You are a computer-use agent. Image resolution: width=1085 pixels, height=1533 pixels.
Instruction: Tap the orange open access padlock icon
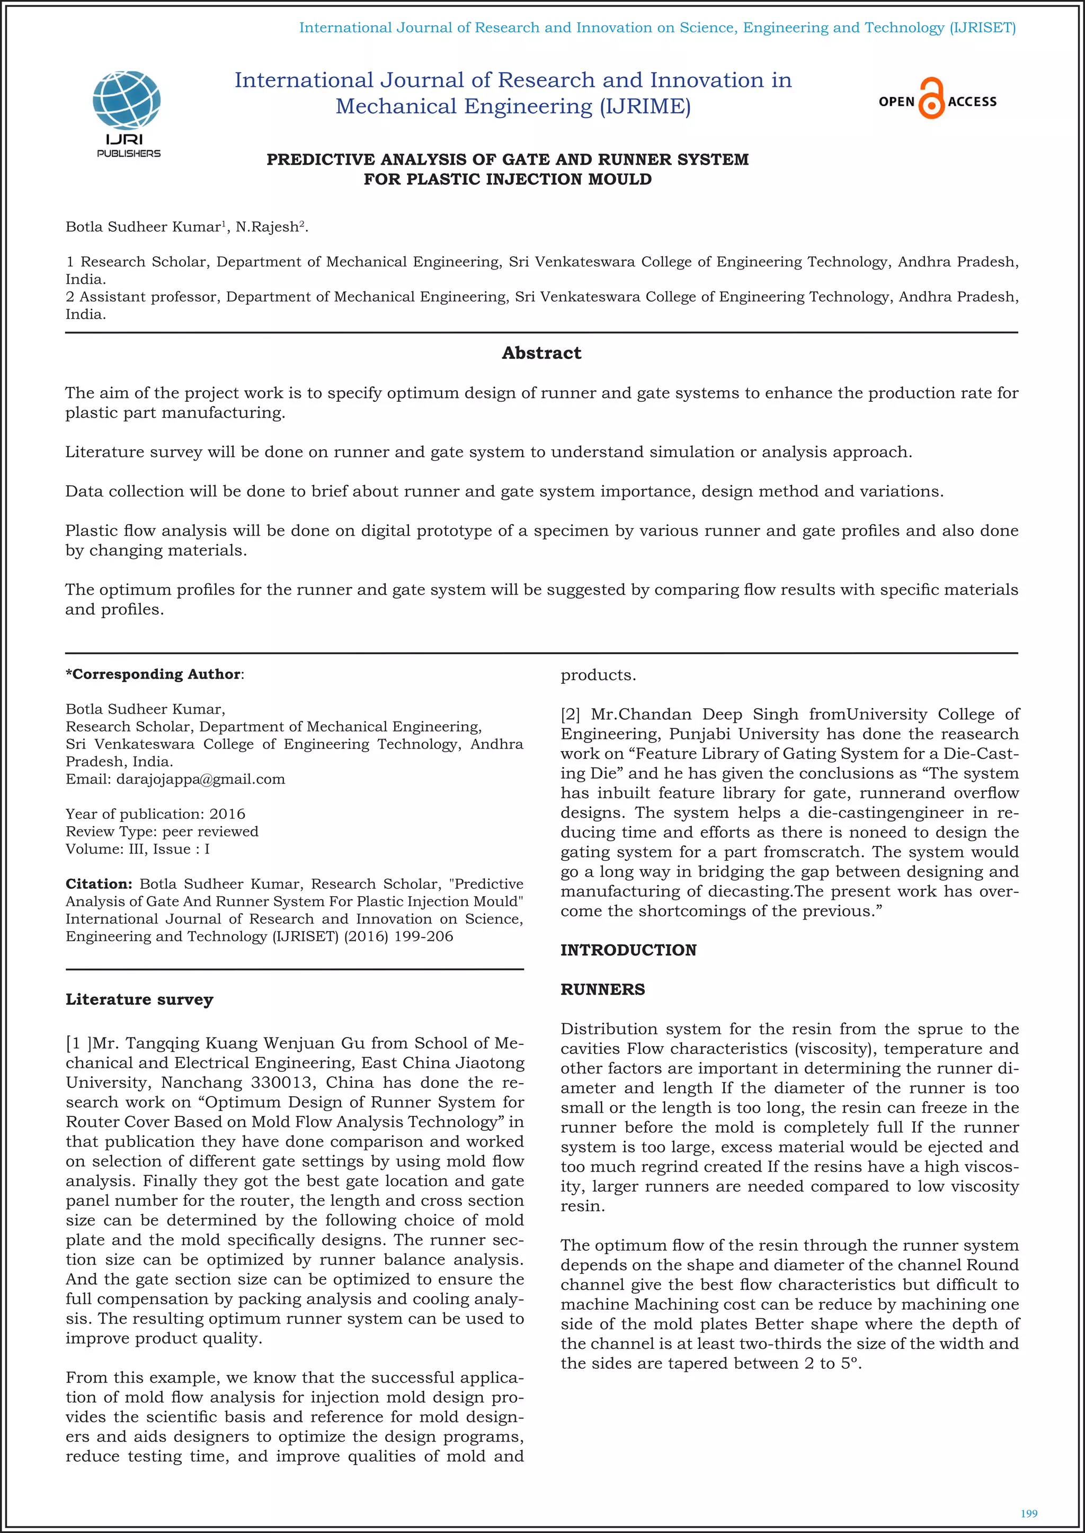[931, 99]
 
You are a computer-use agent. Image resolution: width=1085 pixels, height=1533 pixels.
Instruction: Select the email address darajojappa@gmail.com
[200, 779]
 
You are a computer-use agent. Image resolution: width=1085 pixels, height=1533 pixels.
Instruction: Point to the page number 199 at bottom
[1029, 1513]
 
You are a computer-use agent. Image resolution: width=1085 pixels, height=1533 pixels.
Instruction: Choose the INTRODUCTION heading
[628, 950]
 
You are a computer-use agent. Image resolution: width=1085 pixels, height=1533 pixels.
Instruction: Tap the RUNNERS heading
[602, 989]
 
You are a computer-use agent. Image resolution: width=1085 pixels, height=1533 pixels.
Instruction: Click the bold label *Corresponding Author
[154, 674]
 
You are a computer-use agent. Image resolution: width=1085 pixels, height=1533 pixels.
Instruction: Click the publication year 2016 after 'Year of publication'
[227, 814]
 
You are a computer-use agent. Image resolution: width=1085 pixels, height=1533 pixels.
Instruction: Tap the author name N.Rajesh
[266, 227]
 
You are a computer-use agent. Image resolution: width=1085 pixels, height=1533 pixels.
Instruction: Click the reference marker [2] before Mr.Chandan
[570, 715]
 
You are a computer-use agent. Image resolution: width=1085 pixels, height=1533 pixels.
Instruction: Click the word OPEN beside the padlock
[896, 102]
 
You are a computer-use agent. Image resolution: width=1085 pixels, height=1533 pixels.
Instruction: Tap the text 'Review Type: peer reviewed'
[162, 831]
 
